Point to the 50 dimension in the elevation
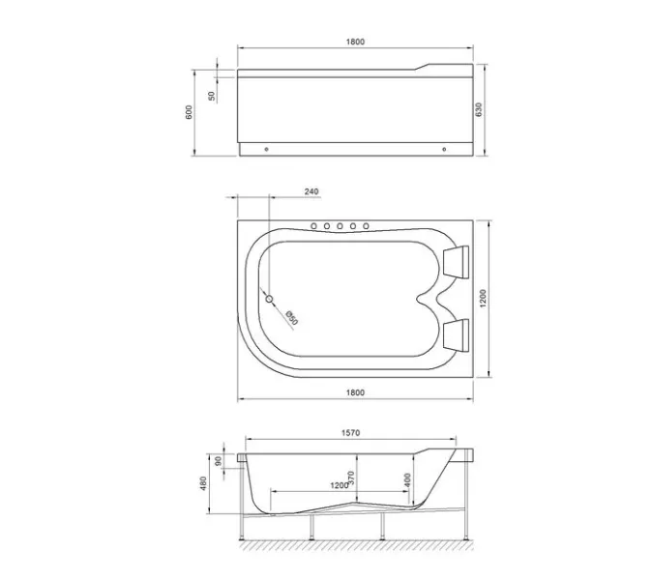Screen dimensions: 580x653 pyautogui.click(x=212, y=96)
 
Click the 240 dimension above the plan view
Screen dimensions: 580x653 pyautogui.click(x=311, y=191)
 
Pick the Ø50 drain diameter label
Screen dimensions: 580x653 pyautogui.click(x=290, y=315)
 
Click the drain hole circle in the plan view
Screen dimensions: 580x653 pyautogui.click(x=270, y=301)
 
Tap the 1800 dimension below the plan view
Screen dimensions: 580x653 pyautogui.click(x=355, y=391)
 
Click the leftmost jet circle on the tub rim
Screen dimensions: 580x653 pyautogui.click(x=313, y=226)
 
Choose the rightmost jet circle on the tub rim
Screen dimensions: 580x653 pyautogui.click(x=366, y=226)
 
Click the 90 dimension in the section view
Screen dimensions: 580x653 pyautogui.click(x=218, y=460)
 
